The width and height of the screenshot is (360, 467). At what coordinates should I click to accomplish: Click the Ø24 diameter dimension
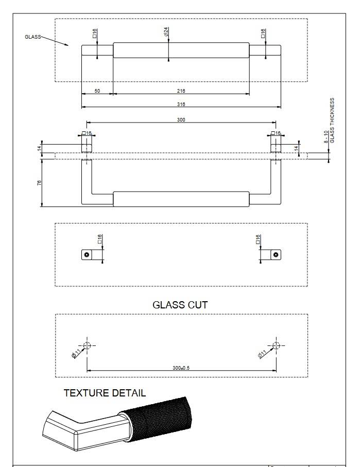point(166,32)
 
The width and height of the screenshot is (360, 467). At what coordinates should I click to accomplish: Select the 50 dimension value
point(97,91)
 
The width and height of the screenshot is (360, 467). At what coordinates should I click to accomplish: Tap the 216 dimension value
point(180,91)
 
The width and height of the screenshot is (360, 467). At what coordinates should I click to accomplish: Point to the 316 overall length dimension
point(180,104)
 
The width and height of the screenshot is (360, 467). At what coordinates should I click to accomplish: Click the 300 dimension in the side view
point(181,119)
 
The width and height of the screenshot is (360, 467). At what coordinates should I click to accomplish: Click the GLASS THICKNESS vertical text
point(333,119)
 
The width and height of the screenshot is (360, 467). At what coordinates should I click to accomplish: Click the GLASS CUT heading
point(180,305)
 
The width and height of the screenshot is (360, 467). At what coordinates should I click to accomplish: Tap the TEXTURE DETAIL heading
point(105,393)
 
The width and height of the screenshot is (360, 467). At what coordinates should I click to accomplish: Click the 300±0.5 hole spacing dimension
point(181,368)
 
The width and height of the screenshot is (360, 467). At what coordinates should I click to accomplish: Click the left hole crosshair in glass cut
point(87,345)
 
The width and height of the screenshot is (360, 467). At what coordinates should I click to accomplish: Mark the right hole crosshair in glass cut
point(276,345)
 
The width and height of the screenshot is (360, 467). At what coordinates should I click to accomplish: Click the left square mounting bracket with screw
point(87,254)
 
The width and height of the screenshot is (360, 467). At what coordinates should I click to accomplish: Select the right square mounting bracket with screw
point(276,254)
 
